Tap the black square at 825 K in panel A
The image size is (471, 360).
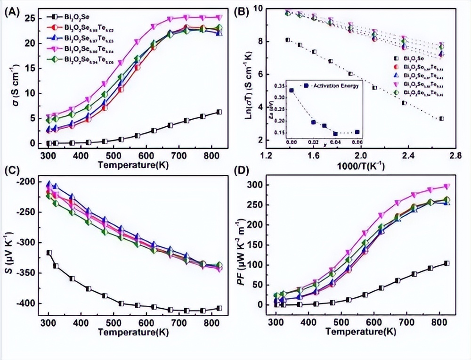tap(219, 112)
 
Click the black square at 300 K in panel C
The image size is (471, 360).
tap(49, 253)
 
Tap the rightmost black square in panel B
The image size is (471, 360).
tap(441, 119)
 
